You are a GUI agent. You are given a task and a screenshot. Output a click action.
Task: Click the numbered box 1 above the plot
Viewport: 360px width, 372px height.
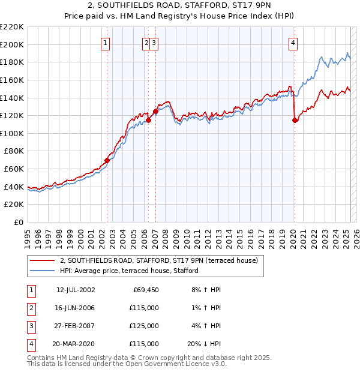click(x=105, y=42)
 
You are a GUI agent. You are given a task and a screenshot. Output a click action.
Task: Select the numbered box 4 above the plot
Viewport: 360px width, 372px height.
click(x=293, y=42)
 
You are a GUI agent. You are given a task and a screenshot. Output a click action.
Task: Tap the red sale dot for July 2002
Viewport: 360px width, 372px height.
click(x=107, y=160)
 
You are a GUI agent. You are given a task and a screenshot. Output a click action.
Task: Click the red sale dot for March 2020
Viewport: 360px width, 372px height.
click(x=295, y=120)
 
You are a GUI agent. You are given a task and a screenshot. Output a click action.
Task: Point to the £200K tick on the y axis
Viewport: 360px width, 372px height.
click(x=13, y=44)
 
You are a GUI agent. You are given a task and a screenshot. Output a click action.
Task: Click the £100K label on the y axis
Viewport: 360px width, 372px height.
click(x=13, y=133)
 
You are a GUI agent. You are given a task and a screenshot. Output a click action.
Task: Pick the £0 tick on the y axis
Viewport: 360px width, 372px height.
click(x=19, y=223)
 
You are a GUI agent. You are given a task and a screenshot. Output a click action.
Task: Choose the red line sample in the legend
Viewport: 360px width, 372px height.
click(x=43, y=260)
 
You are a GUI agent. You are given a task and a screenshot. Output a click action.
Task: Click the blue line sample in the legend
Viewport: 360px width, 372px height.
click(x=43, y=271)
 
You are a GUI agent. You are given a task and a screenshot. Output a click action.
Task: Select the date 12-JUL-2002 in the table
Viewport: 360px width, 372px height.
click(x=76, y=290)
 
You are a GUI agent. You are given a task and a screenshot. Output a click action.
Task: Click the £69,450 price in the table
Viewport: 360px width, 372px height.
click(x=145, y=290)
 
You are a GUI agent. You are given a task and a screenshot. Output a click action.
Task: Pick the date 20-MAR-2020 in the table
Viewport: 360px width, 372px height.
click(x=76, y=344)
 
